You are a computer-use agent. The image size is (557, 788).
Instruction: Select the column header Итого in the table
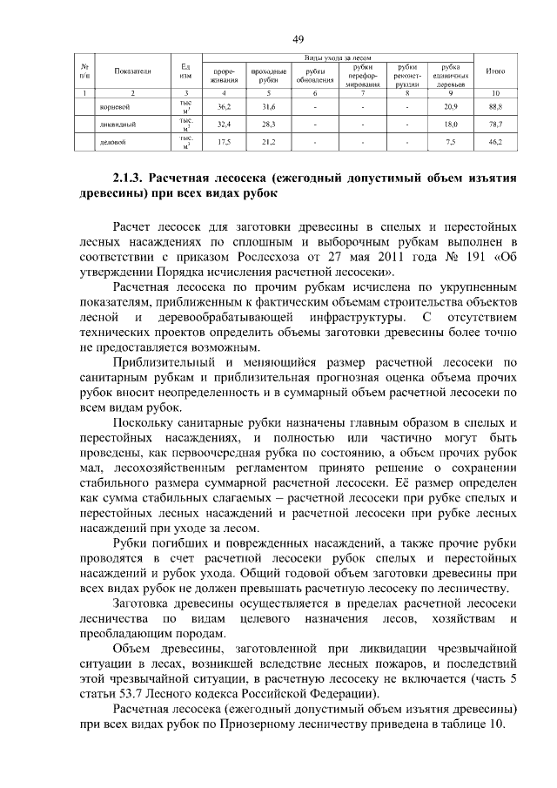point(496,72)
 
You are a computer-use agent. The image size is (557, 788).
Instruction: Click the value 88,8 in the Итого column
point(496,106)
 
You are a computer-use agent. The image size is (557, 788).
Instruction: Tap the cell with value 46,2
point(496,140)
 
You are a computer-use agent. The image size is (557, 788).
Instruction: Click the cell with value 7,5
point(450,140)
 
